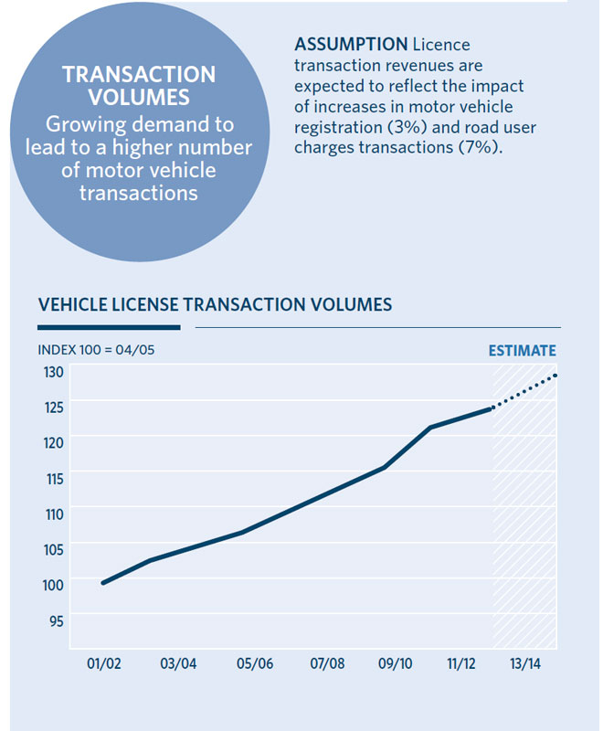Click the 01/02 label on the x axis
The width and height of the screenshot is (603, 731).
point(104,663)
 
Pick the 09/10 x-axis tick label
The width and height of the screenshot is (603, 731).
point(397,663)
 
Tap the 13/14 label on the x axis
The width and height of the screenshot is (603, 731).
point(524,663)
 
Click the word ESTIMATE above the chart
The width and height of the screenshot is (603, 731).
point(522,351)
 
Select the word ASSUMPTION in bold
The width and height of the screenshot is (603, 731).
point(351,44)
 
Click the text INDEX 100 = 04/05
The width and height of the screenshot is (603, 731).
point(90,351)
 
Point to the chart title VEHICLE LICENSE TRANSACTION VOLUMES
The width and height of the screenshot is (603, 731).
point(215,303)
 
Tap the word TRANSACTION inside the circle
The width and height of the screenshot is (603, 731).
point(139,75)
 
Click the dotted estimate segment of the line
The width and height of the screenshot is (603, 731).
point(525,391)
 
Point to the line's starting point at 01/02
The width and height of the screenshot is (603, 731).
point(103,583)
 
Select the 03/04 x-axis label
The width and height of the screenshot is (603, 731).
point(178,663)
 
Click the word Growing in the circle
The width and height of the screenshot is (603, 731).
point(90,123)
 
